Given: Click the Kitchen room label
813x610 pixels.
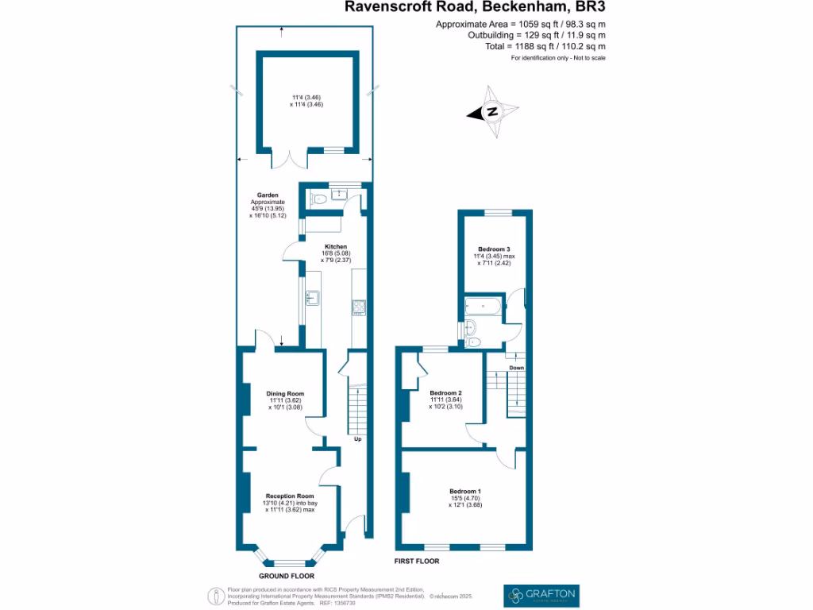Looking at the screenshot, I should tap(334, 247).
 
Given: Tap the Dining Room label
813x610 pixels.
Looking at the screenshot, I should tap(284, 394).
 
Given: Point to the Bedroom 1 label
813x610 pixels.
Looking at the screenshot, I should tap(464, 492).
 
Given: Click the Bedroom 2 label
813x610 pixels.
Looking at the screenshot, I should tap(445, 393).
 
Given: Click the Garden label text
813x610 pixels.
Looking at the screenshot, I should tap(266, 195).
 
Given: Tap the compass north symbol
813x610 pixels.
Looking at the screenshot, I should tap(492, 112).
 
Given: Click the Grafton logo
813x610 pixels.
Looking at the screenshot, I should tap(541, 594).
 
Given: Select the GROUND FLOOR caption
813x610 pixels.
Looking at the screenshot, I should tap(286, 576).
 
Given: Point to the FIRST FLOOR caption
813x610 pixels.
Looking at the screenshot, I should tap(417, 561).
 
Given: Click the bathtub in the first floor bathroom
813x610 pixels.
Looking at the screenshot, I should tap(484, 305).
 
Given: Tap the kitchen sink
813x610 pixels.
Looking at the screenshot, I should tap(312, 298).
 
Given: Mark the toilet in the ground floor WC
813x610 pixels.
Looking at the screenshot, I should tap(318, 198).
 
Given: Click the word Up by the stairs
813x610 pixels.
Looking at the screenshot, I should tap(357, 438).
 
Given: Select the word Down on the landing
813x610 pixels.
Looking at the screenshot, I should tap(516, 368).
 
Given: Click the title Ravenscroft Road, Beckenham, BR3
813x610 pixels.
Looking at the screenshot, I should tap(479, 7).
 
